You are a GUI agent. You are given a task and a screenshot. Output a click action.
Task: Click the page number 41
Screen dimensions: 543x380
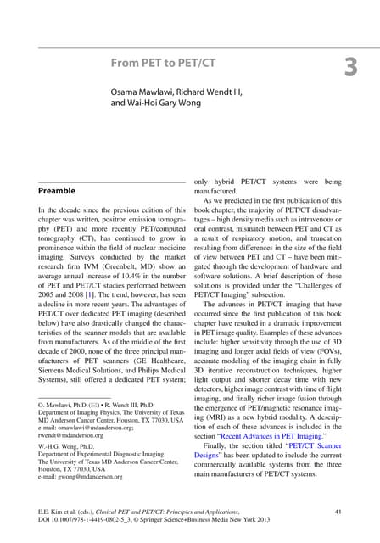(339, 511)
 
